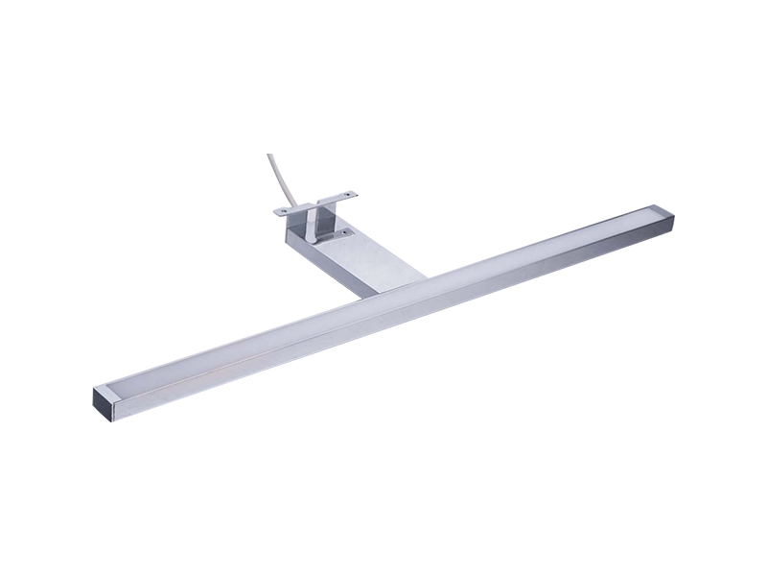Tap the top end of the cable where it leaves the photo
coord(269,156)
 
